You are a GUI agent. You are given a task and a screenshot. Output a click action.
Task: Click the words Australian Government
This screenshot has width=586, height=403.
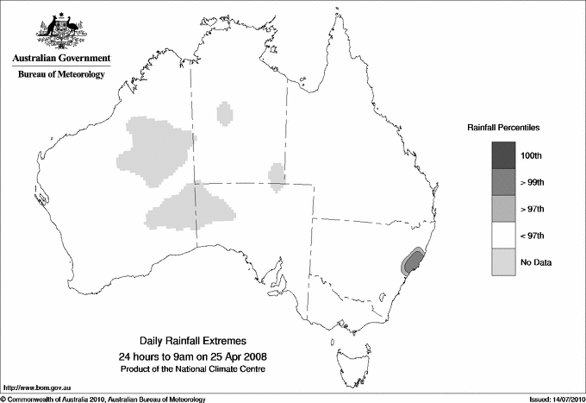[x=60, y=59]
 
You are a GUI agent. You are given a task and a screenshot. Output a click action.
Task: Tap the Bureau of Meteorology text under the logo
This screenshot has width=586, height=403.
[x=61, y=75]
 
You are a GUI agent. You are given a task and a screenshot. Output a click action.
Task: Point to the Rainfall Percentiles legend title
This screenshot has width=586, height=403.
[x=504, y=127]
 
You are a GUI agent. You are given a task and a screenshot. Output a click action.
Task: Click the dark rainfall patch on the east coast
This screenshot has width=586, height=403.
[x=412, y=263]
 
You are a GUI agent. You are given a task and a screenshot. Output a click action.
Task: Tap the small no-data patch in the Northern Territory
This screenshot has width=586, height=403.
[x=226, y=112]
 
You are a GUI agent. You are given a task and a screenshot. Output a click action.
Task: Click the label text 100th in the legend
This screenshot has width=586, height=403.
[x=531, y=155]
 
